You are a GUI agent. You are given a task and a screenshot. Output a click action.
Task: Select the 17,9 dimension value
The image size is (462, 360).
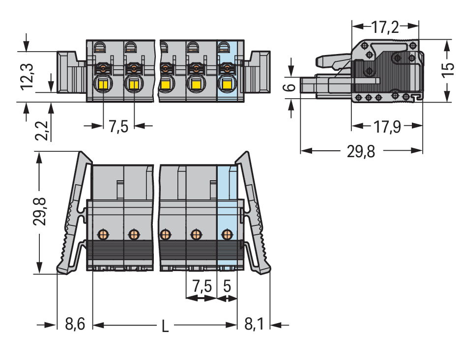click(x=386, y=127)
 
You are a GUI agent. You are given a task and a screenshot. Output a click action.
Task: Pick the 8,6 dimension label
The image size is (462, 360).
click(x=75, y=325)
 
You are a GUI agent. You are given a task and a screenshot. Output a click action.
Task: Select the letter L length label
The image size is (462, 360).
click(x=165, y=326)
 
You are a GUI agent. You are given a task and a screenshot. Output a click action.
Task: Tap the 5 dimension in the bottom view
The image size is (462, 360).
click(x=227, y=285)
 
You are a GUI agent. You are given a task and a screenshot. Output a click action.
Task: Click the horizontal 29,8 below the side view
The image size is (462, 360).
click(x=361, y=152)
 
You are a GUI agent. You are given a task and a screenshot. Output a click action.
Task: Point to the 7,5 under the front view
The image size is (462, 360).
click(x=118, y=127)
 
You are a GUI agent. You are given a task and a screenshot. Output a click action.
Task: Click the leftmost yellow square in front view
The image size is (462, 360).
click(x=104, y=84)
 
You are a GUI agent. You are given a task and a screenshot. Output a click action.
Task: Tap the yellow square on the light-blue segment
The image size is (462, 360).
click(x=226, y=84)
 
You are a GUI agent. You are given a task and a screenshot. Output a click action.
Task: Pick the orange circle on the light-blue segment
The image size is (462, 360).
click(x=227, y=234)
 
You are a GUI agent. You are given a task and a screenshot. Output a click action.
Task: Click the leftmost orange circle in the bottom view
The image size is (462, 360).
click(x=103, y=234)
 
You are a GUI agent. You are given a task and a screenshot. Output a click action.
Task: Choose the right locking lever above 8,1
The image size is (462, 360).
click(x=255, y=216)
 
